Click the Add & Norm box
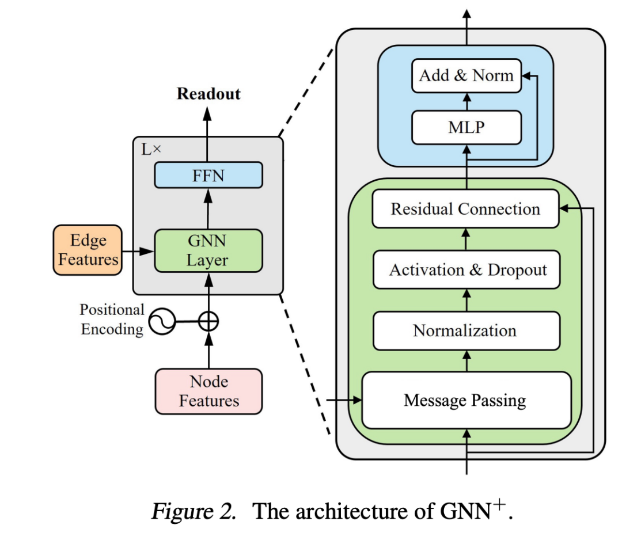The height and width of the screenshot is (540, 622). (x=466, y=76)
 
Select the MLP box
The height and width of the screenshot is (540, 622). (x=466, y=127)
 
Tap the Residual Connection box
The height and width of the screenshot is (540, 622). (x=466, y=208)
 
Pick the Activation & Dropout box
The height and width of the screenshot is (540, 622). (x=467, y=269)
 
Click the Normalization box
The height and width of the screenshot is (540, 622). (x=467, y=330)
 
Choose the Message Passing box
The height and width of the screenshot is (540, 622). (x=466, y=400)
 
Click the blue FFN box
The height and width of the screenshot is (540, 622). (x=208, y=175)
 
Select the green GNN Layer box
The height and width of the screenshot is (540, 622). (x=208, y=250)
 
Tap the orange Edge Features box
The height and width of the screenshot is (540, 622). (x=88, y=250)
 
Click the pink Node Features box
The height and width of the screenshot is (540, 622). (x=208, y=391)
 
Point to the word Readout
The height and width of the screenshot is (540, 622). (x=208, y=94)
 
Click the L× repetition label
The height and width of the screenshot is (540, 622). (x=151, y=150)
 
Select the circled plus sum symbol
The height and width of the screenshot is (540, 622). (x=208, y=321)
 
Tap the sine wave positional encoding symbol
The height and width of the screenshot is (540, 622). (x=162, y=321)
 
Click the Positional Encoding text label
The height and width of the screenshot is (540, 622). (x=112, y=319)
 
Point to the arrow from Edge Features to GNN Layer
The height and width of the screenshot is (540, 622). (x=138, y=251)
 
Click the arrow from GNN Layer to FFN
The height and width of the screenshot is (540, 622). (x=208, y=208)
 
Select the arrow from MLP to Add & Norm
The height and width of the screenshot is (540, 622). (x=467, y=102)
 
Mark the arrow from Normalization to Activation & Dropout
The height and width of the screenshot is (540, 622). (x=467, y=300)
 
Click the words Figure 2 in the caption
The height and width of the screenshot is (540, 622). (x=193, y=511)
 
